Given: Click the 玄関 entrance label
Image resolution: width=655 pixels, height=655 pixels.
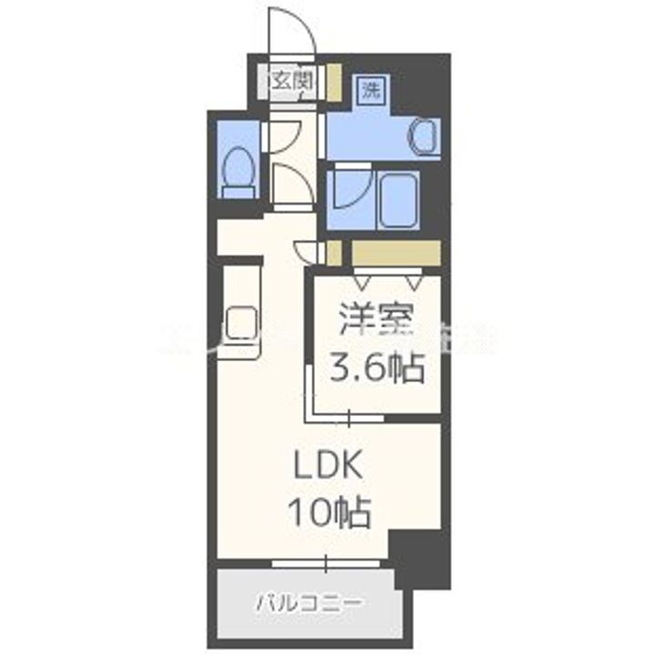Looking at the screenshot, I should [290, 81].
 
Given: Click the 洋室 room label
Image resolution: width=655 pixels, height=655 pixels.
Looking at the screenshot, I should [377, 322].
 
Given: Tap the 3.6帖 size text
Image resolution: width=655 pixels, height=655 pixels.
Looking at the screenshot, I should [377, 368].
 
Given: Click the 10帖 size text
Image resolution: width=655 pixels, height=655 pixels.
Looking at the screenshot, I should [327, 515].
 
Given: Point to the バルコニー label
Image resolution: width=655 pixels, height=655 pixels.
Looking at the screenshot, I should [309, 602].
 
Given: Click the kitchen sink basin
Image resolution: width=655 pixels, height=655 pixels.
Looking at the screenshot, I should [243, 323].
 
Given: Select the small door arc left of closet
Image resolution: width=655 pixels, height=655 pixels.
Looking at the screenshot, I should [308, 251].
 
